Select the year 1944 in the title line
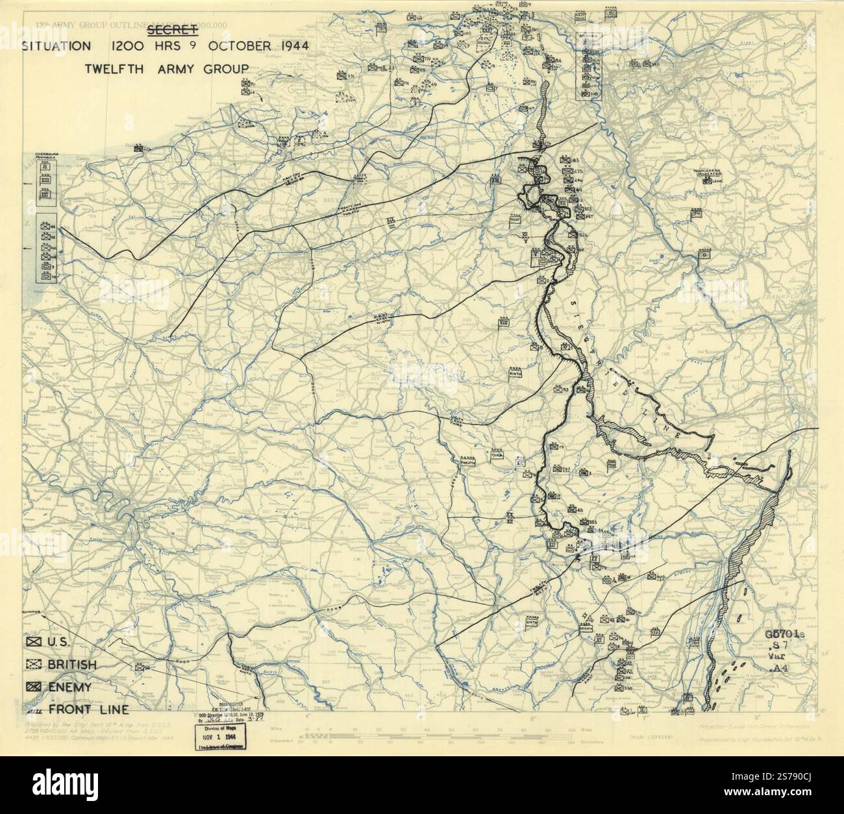click(290, 46)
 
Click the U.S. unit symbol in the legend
click(33, 641)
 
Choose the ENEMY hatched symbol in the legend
click(33, 687)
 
